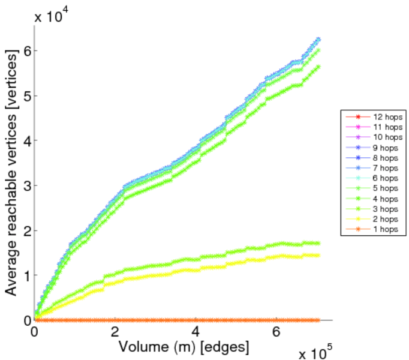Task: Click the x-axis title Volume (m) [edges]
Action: (x=184, y=347)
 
